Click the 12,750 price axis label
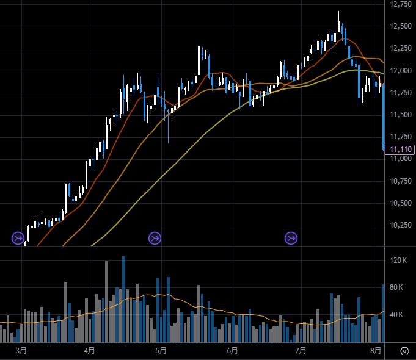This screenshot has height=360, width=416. pos(400,4)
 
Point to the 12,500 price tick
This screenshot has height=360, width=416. pos(400,26)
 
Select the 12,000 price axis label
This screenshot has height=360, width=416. pos(400,71)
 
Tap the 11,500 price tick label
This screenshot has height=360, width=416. pos(400,115)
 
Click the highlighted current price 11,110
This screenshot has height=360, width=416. pos(400,149)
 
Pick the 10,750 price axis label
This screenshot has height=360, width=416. pos(400,181)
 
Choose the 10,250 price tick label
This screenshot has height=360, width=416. pos(400,225)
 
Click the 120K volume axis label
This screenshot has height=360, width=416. pos(399,261)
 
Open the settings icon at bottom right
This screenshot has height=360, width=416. pos(404,351)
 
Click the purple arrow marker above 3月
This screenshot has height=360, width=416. pos(18,237)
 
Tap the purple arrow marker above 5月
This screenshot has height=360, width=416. pos(155,237)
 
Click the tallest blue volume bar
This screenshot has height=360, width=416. pos(123,299)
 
